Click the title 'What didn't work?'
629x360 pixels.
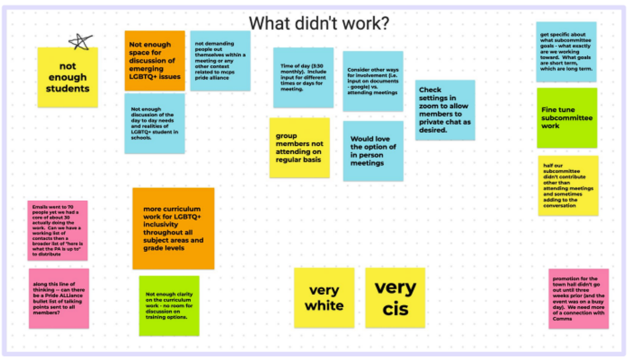point(319,23)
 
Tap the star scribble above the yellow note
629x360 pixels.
point(80,42)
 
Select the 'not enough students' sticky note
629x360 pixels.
point(68,78)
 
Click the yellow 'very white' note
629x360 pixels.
point(324,297)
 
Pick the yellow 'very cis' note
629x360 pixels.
point(395,297)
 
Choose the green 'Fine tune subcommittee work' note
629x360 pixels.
point(566,118)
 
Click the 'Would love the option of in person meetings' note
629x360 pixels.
point(373,151)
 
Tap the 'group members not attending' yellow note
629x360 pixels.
point(299,148)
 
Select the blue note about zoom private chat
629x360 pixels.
point(445,110)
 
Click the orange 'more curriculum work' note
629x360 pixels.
point(173,228)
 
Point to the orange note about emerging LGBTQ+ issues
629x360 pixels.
point(155,61)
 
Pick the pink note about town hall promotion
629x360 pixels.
point(578,298)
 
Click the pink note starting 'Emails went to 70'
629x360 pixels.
point(57,230)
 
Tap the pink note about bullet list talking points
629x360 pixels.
point(59,298)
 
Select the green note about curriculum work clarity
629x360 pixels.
point(169,305)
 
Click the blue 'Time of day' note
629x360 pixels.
point(303,78)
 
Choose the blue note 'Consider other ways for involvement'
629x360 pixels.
point(373,81)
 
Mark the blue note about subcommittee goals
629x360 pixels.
point(566,52)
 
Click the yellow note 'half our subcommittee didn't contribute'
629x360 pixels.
point(568,185)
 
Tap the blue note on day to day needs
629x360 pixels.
point(155,123)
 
